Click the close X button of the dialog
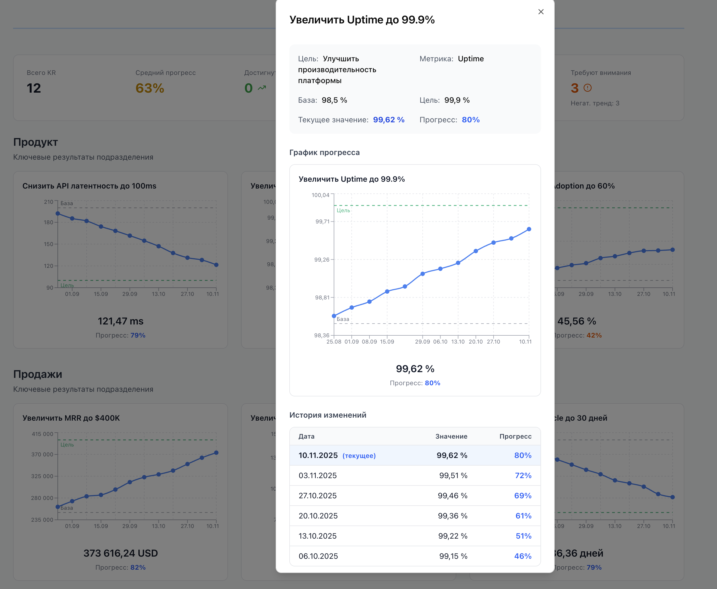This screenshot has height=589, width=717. pyautogui.click(x=541, y=12)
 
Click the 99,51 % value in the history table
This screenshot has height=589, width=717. pyautogui.click(x=453, y=475)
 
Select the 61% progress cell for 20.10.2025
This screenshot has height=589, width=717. pyautogui.click(x=523, y=516)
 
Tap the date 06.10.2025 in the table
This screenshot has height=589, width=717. pyautogui.click(x=318, y=556)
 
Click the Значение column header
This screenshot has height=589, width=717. pyautogui.click(x=451, y=436)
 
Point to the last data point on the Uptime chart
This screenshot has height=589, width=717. pyautogui.click(x=529, y=229)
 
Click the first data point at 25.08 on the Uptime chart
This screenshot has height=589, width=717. pyautogui.click(x=334, y=316)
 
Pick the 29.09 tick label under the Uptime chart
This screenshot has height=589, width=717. pyautogui.click(x=422, y=342)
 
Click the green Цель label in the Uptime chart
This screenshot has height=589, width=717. pyautogui.click(x=343, y=210)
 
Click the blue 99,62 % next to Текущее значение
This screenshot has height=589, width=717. pyautogui.click(x=388, y=120)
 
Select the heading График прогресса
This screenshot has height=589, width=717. pyautogui.click(x=324, y=152)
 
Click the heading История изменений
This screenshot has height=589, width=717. pyautogui.click(x=328, y=415)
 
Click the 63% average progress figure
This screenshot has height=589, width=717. pyautogui.click(x=150, y=88)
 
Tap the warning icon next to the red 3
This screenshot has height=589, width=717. pyautogui.click(x=587, y=88)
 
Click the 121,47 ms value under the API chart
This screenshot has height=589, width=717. pyautogui.click(x=120, y=321)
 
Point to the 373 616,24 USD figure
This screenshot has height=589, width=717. pyautogui.click(x=120, y=553)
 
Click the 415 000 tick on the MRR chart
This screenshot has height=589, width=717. pyautogui.click(x=42, y=434)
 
